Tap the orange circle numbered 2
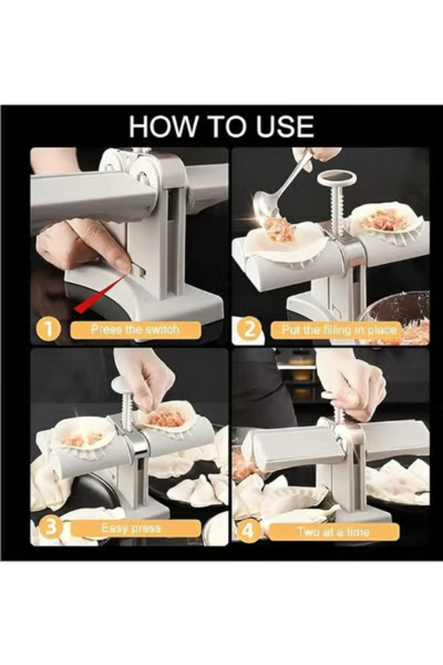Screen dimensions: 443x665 [x=251, y=330]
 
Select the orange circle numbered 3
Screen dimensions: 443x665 [x=51, y=528]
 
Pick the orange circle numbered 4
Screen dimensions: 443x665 [x=249, y=532]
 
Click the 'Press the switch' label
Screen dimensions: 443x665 [x=135, y=330]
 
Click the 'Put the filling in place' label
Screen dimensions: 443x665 [x=339, y=330]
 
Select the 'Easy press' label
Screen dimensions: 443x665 [x=132, y=528]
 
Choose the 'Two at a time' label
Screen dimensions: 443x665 [x=333, y=532]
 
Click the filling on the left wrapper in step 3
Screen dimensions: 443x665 [x=82, y=439]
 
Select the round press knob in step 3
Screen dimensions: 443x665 [x=123, y=385]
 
